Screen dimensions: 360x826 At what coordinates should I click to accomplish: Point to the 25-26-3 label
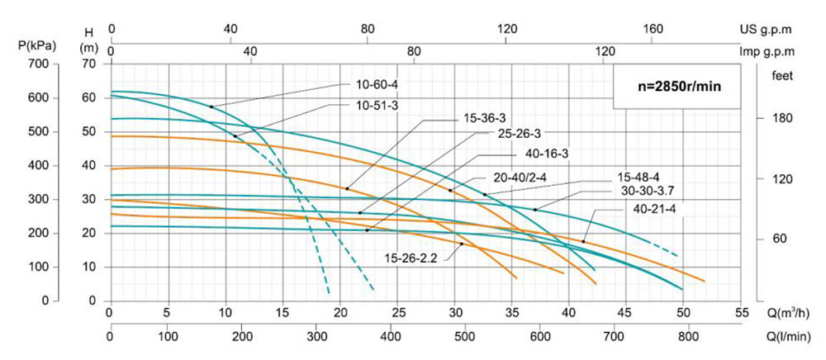(x=518, y=135)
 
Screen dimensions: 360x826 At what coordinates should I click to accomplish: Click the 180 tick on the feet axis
(x=782, y=118)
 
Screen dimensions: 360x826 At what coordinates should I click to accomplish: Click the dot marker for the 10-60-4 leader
(x=211, y=107)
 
